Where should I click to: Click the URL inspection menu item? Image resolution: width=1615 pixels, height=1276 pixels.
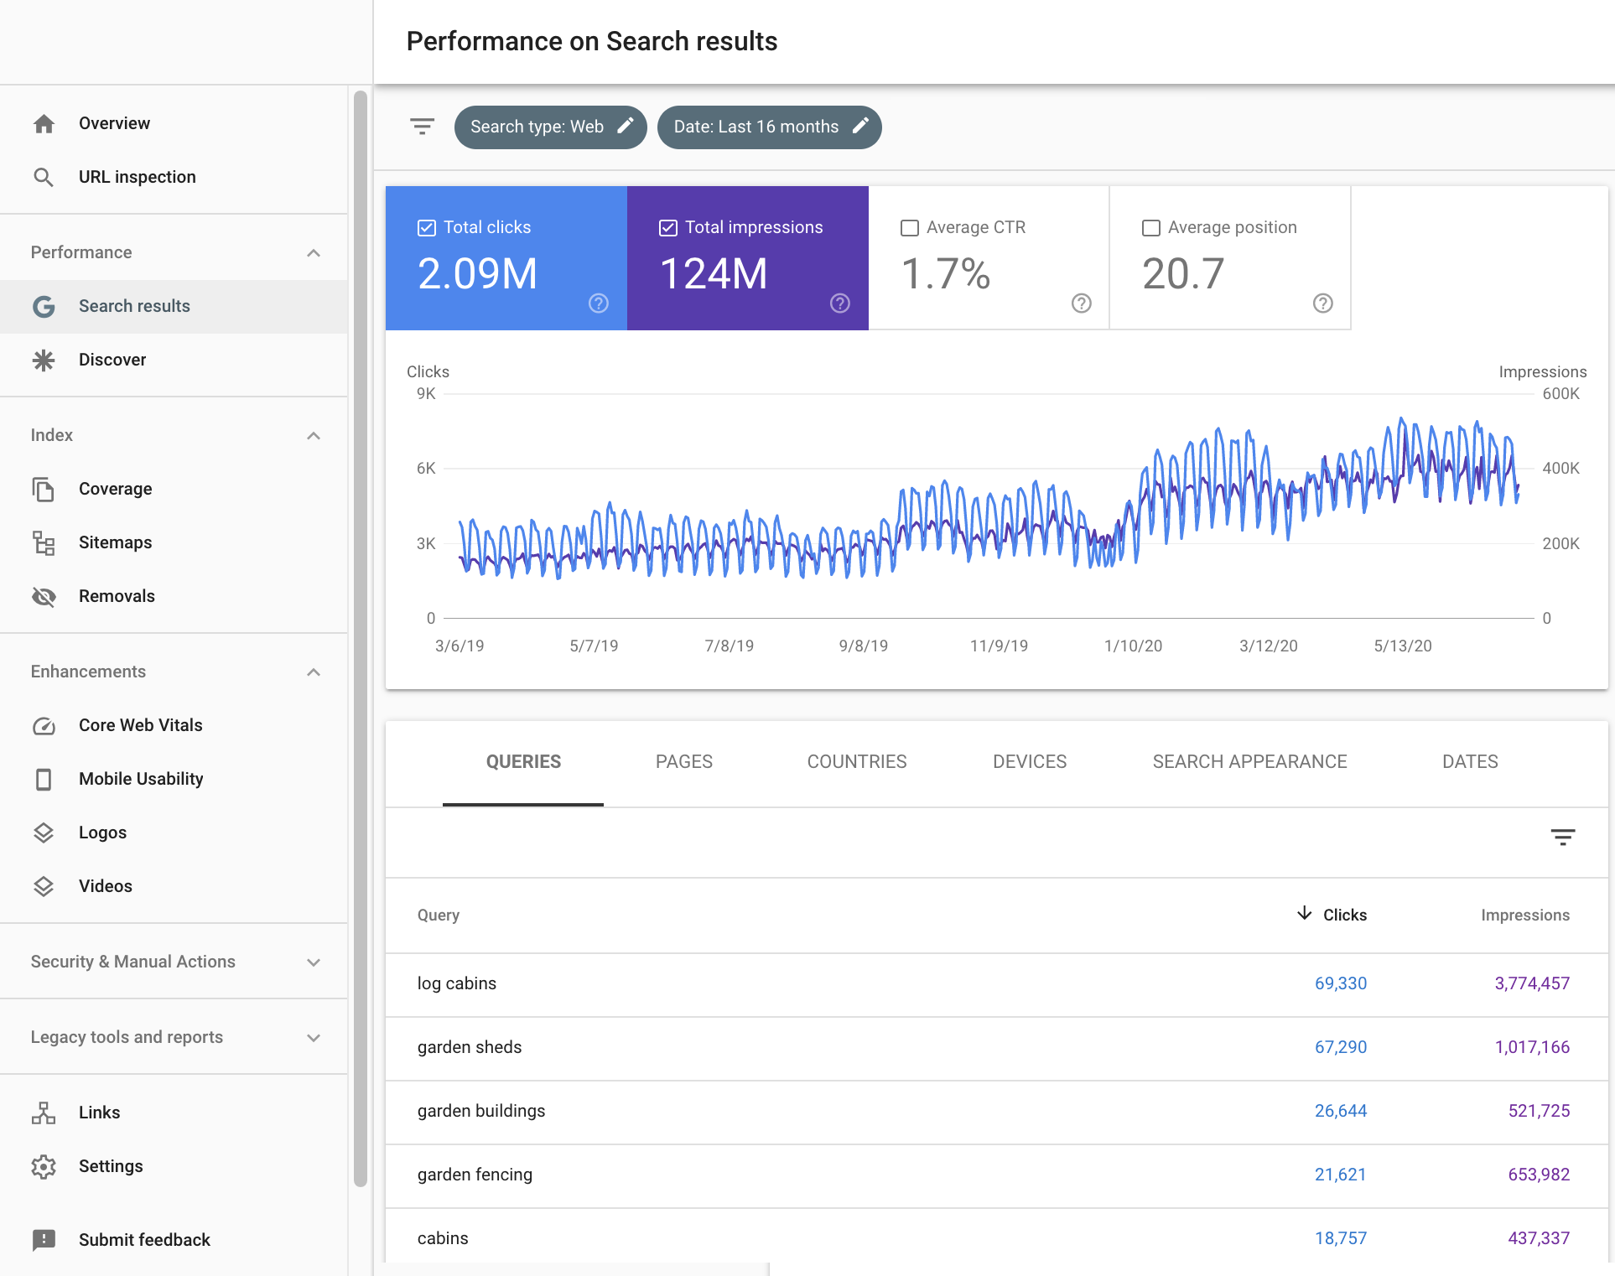pyautogui.click(x=137, y=177)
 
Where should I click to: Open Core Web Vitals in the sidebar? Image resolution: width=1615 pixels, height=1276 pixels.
pyautogui.click(x=140, y=725)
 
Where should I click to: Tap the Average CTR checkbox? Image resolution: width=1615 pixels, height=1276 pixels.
pyautogui.click(x=910, y=228)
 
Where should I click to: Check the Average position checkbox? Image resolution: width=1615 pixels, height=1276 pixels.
pyautogui.click(x=1151, y=228)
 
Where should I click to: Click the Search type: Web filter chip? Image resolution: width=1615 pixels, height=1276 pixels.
pyautogui.click(x=550, y=127)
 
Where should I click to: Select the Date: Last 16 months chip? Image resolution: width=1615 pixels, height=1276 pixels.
pyautogui.click(x=769, y=127)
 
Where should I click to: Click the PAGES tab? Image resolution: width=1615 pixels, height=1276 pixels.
pyautogui.click(x=683, y=762)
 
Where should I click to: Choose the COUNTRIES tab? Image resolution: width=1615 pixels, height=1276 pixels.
pyautogui.click(x=856, y=762)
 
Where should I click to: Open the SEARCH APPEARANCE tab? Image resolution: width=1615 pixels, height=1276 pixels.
pyautogui.click(x=1249, y=762)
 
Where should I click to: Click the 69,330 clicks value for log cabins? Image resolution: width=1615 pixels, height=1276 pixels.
pyautogui.click(x=1340, y=983)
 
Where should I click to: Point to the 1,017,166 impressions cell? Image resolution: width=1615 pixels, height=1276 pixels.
pyautogui.click(x=1531, y=1047)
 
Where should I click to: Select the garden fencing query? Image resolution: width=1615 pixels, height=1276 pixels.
pyautogui.click(x=475, y=1175)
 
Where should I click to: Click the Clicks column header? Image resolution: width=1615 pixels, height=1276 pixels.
pyautogui.click(x=1343, y=916)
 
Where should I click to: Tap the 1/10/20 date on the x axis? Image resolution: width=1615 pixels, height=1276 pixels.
pyautogui.click(x=1133, y=646)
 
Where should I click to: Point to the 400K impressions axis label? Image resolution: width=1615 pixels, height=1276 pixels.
pyautogui.click(x=1560, y=469)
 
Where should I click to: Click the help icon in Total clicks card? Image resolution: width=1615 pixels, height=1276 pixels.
pyautogui.click(x=598, y=303)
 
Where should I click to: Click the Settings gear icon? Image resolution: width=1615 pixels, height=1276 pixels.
pyautogui.click(x=44, y=1166)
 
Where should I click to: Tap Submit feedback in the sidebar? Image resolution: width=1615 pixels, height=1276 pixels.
pyautogui.click(x=144, y=1240)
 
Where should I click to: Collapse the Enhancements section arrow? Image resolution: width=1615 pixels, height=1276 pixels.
pyautogui.click(x=314, y=672)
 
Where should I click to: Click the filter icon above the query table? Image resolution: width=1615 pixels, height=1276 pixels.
pyautogui.click(x=1562, y=837)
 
